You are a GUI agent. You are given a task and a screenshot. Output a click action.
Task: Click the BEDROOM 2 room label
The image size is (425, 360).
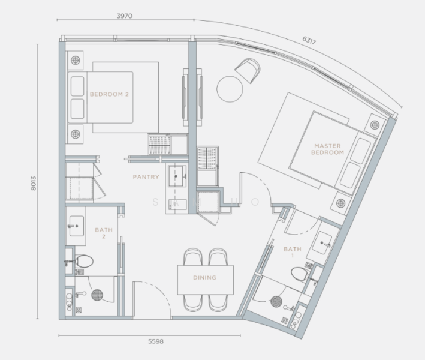(x=109, y=94)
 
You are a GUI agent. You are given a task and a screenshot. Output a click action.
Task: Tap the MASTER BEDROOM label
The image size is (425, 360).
(x=327, y=149)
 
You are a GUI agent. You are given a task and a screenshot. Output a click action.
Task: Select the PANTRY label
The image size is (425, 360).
(x=146, y=177)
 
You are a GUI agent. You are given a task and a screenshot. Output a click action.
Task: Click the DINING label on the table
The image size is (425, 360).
(x=204, y=278)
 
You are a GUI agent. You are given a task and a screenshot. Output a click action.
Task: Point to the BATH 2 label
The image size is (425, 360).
(x=104, y=233)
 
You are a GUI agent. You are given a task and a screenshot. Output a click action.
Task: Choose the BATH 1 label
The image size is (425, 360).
(x=293, y=252)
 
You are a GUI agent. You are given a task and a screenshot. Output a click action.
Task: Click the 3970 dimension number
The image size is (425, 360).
(x=125, y=16)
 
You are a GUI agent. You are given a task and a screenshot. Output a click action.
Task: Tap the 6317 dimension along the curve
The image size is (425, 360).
(x=309, y=40)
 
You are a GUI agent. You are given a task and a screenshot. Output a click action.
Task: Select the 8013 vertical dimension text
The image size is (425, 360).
(x=34, y=184)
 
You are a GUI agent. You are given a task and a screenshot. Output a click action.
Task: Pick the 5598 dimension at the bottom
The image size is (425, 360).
(x=156, y=341)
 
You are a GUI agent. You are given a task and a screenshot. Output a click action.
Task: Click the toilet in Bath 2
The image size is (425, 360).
(x=84, y=261)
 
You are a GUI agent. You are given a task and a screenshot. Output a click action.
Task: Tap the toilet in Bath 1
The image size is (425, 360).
(x=300, y=274)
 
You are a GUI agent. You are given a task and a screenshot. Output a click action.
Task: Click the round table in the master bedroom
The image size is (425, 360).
(x=230, y=89)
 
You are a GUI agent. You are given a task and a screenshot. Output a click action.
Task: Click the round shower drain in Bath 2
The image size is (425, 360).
(x=97, y=295)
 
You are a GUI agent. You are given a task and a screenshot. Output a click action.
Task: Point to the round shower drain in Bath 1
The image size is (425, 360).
(x=276, y=301)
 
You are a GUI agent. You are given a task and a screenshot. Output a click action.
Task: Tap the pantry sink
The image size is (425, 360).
(x=177, y=176)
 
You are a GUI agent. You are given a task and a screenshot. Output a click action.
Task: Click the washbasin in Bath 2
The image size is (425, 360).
(x=77, y=226)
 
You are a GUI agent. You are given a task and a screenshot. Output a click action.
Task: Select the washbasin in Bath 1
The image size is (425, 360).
(x=322, y=242)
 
